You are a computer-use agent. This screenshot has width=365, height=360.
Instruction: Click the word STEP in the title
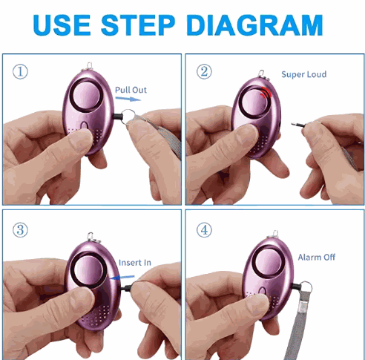point(138,25)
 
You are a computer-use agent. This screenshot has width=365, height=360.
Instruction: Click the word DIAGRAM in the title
point(255,25)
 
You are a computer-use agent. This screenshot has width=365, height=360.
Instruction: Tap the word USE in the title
point(62,25)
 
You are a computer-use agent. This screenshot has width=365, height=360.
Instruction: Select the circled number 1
point(20,72)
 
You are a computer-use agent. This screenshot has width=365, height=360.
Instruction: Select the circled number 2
point(204,71)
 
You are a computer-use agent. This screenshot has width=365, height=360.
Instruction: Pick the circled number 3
point(20,230)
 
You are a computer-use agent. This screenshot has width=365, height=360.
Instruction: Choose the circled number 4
point(204,230)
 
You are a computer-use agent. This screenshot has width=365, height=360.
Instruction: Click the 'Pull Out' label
point(131,90)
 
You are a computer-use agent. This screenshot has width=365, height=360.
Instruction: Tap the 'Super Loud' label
point(304,74)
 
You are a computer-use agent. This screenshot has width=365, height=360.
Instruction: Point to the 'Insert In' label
point(135,263)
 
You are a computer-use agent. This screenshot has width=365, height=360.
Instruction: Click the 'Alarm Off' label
point(317,258)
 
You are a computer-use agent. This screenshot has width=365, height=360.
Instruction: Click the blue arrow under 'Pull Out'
point(128,99)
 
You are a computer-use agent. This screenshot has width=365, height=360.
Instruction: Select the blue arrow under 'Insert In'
point(122,278)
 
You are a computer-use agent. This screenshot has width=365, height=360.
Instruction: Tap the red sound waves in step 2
point(266,93)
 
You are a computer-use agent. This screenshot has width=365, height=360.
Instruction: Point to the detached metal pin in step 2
point(299,125)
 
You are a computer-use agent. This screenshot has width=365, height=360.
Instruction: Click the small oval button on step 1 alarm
point(85,125)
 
